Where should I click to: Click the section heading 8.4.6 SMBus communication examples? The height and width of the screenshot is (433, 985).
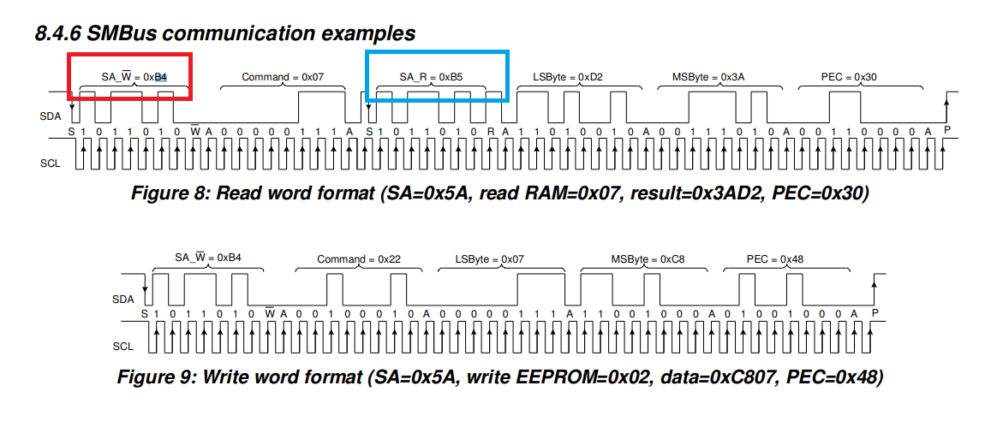225,33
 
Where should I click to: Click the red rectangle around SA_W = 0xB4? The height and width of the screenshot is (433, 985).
130,54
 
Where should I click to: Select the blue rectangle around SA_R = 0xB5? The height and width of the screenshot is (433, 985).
437,52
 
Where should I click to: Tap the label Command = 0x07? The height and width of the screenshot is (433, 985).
283,77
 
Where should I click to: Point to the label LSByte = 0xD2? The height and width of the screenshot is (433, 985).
567,77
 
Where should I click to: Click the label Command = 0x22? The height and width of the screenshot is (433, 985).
359,259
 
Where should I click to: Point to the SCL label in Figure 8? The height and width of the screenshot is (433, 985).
51,163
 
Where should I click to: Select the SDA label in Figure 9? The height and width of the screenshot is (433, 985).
123,300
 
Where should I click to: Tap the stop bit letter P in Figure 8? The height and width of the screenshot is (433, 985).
946,129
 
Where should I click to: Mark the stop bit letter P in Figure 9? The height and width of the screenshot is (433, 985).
875,313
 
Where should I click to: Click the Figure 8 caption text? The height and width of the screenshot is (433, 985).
499,193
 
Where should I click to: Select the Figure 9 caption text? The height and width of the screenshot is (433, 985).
499,377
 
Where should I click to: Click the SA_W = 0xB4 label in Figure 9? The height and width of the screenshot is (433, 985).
208,258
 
